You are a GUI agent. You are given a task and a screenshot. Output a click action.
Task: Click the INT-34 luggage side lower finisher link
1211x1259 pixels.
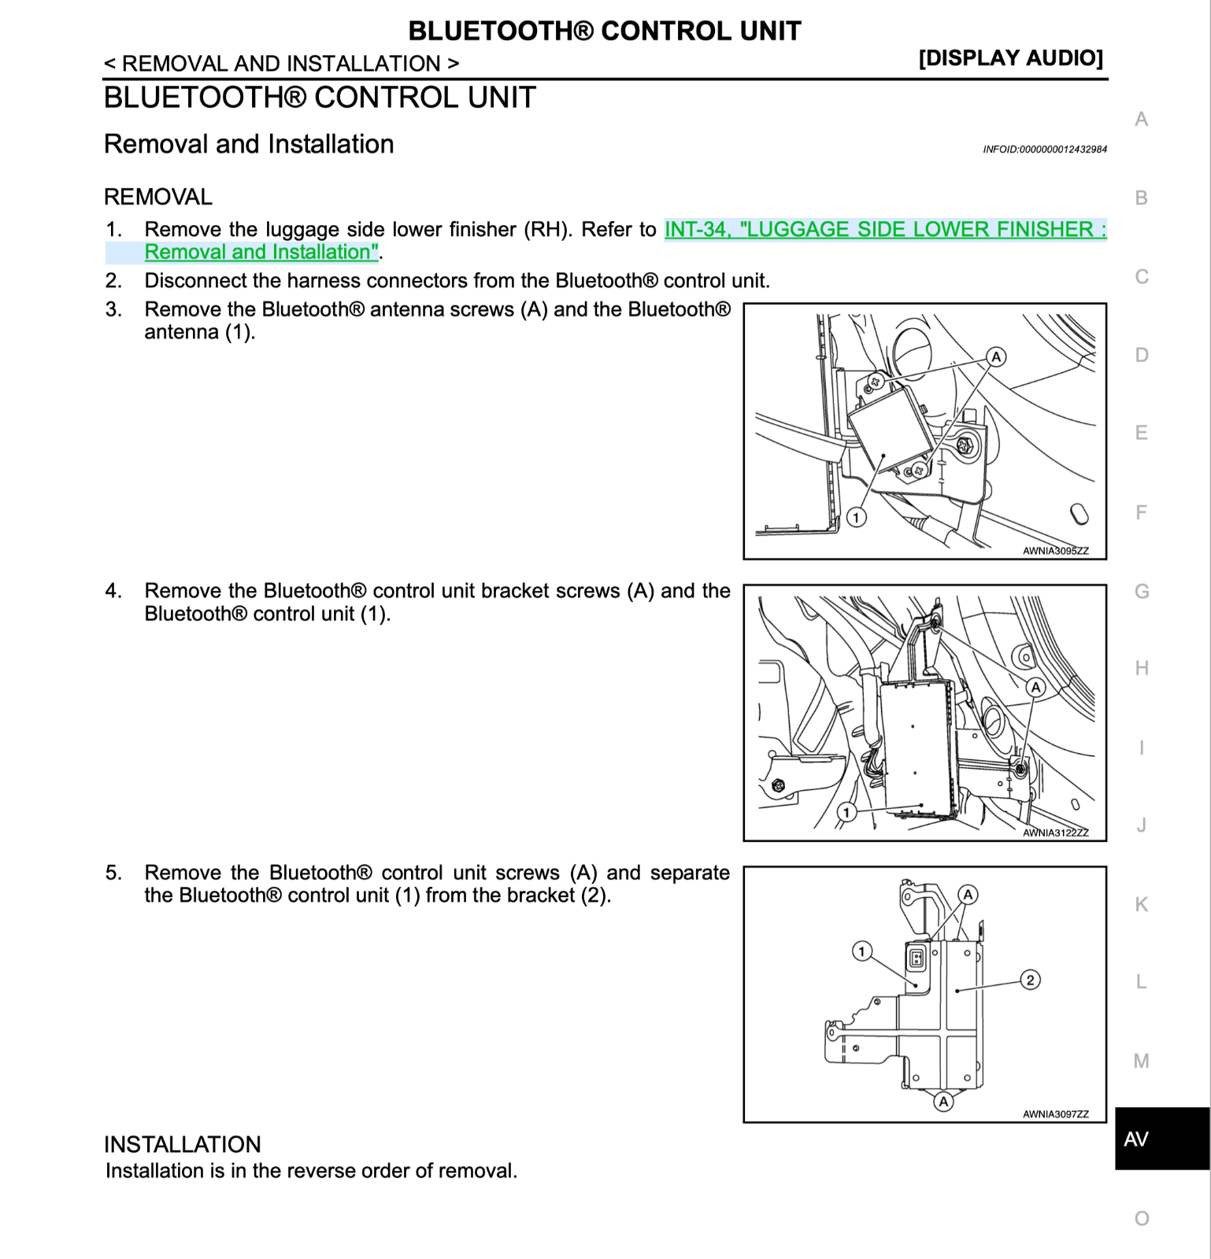[x=885, y=230]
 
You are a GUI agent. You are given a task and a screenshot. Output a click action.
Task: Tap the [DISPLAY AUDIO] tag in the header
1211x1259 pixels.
[x=1010, y=58]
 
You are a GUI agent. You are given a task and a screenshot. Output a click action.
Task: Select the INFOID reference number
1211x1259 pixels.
[x=1044, y=150]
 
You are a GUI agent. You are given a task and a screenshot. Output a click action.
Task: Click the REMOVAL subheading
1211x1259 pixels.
[x=158, y=197]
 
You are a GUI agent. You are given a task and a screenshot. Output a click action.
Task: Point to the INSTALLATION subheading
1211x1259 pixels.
[x=182, y=1144]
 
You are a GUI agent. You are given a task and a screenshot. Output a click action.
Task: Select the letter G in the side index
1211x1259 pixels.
[x=1142, y=591]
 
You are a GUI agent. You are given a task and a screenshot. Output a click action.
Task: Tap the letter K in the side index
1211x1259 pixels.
[x=1142, y=904]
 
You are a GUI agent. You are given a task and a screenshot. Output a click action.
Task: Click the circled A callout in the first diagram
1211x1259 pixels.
[x=996, y=357]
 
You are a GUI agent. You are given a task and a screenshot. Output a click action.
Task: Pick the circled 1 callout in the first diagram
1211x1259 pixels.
[x=856, y=517]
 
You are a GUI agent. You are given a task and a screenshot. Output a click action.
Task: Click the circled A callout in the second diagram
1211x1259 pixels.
[x=1035, y=687]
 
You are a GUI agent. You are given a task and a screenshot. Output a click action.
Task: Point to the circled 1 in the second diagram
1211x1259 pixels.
[x=846, y=812]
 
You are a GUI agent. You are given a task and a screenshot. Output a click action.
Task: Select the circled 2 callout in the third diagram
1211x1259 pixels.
[x=1030, y=980]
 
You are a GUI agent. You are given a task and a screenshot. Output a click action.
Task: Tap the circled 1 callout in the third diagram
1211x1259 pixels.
[x=861, y=952]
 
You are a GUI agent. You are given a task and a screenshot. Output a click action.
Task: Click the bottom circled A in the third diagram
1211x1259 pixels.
[x=943, y=1102]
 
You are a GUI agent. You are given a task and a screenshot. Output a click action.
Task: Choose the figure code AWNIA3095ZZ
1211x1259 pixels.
[x=1055, y=551]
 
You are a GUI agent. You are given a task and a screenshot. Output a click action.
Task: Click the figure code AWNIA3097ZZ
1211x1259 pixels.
[x=1055, y=1114]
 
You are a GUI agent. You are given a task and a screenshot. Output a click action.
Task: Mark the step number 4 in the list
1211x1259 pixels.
[x=113, y=591]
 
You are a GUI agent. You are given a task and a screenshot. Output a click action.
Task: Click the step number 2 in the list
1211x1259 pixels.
[x=113, y=281]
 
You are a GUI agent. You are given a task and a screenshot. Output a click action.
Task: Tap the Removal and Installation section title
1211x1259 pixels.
[x=249, y=144]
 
